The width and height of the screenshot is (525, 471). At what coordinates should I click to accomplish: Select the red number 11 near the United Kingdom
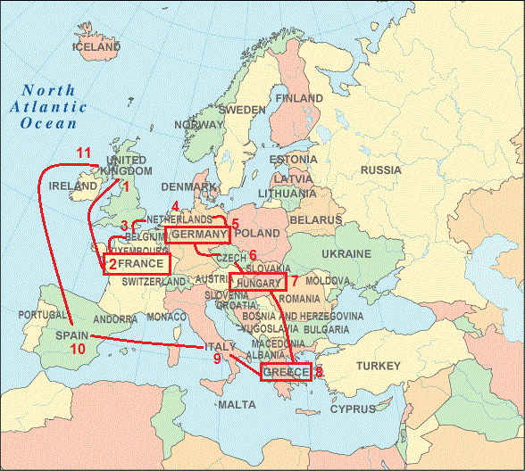click(x=83, y=153)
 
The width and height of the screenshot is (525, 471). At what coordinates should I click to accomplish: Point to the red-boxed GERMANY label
click(x=197, y=235)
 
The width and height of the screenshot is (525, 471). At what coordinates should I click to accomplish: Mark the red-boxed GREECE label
click(x=285, y=372)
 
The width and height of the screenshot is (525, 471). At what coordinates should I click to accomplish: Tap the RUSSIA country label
click(x=381, y=169)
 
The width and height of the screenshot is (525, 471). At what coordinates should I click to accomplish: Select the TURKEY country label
click(x=379, y=366)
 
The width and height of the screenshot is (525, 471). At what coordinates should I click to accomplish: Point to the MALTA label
click(x=236, y=404)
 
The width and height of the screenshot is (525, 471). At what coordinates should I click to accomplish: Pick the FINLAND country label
click(x=299, y=98)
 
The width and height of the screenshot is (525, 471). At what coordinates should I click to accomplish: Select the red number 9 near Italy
click(x=217, y=359)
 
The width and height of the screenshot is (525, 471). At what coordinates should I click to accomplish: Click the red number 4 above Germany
click(x=175, y=206)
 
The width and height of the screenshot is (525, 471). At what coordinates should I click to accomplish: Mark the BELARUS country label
click(x=315, y=219)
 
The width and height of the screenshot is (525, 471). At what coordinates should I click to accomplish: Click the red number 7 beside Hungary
click(x=295, y=280)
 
